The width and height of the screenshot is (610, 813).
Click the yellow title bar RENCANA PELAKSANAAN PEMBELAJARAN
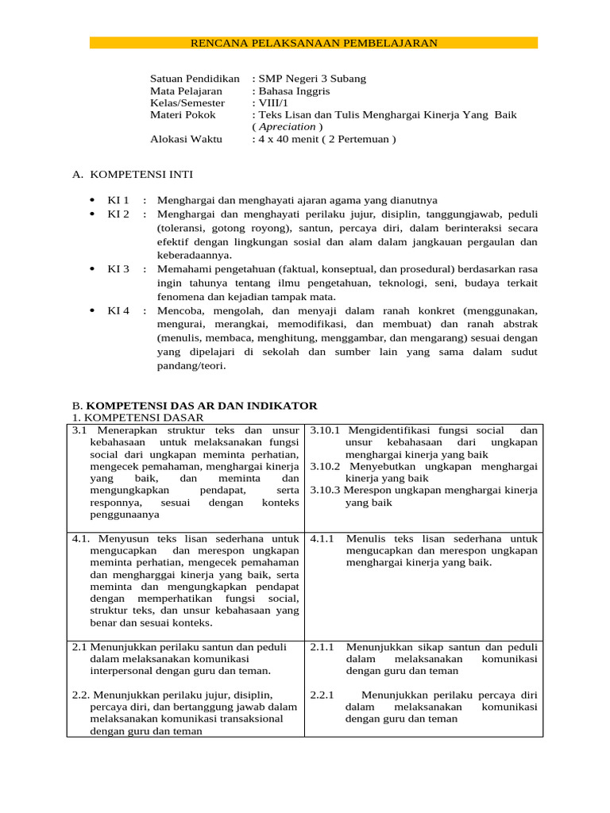[x=314, y=43]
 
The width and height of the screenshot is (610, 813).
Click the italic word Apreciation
[x=287, y=127]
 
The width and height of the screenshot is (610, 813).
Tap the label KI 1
[x=118, y=201]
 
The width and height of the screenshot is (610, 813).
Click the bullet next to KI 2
[x=93, y=214]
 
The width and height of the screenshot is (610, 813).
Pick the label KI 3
[x=118, y=269]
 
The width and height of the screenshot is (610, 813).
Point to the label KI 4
[x=118, y=310]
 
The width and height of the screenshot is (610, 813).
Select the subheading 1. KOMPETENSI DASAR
[x=137, y=417]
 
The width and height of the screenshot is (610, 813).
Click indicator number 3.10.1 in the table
[x=325, y=430]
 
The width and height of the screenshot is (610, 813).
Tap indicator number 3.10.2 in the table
[x=325, y=467]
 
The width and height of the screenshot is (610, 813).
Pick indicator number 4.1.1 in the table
[x=321, y=538]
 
